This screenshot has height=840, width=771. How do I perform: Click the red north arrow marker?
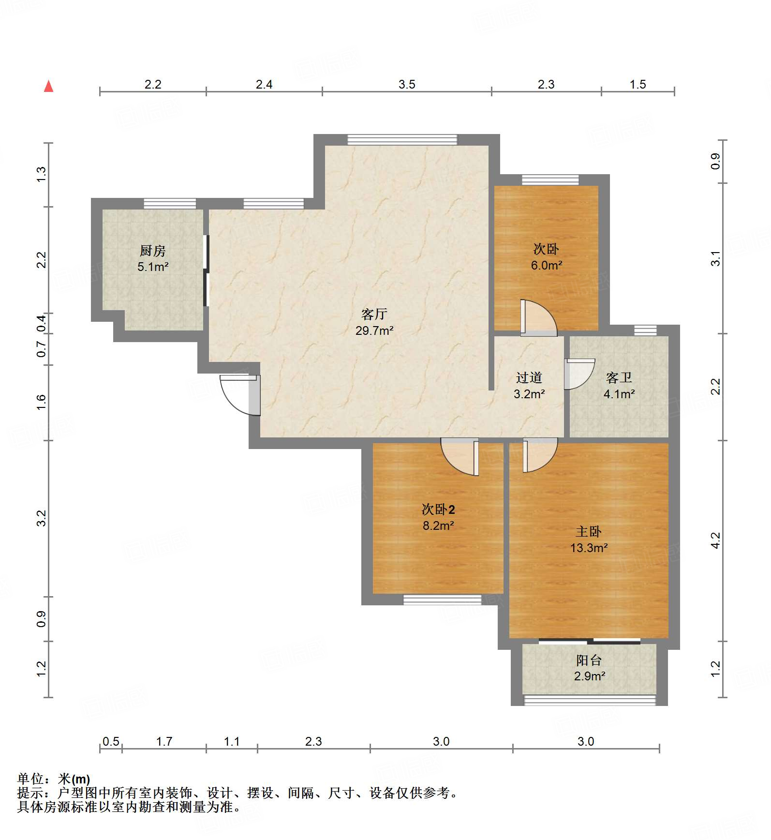click(x=48, y=87)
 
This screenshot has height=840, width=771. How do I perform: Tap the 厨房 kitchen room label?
click(x=153, y=251)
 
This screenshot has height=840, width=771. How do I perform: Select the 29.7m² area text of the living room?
click(x=374, y=330)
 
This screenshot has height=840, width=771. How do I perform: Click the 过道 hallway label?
click(x=529, y=377)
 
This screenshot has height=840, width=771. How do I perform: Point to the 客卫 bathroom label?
click(x=619, y=377)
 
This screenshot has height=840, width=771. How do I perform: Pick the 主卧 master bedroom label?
click(x=588, y=532)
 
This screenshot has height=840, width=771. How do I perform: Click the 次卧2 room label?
click(x=438, y=510)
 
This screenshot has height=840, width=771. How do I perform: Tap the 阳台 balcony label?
click(x=589, y=660)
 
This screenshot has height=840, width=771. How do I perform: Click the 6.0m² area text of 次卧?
click(x=546, y=265)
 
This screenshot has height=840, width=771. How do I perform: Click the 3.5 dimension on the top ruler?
click(x=407, y=85)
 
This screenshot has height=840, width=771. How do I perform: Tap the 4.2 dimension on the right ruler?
click(x=715, y=540)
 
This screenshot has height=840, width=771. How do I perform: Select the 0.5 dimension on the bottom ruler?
click(x=111, y=741)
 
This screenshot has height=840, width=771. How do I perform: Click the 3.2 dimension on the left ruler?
click(x=42, y=518)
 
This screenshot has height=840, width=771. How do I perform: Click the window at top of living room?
click(x=402, y=140)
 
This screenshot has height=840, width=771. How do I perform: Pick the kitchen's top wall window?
click(x=170, y=204)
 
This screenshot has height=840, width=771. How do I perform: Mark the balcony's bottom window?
click(x=590, y=700)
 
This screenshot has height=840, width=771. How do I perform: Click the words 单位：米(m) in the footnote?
click(x=54, y=779)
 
